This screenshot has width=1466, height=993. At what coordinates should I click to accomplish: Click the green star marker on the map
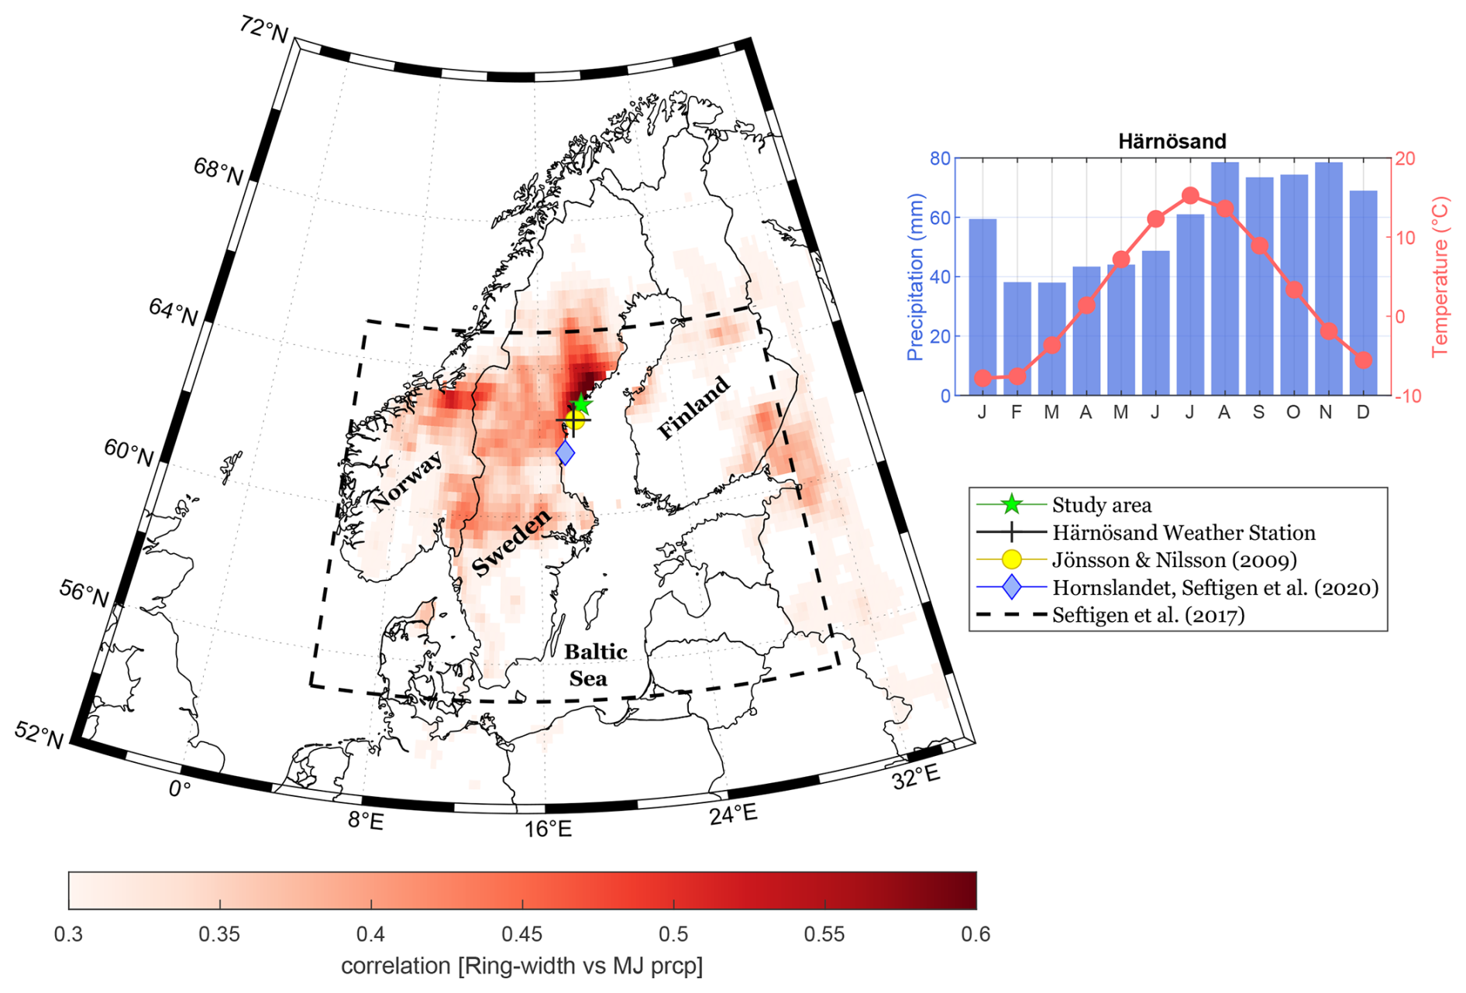[x=581, y=404]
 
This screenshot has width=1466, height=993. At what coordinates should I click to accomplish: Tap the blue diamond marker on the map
[x=566, y=452]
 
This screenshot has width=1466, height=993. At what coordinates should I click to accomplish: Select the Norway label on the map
[x=407, y=481]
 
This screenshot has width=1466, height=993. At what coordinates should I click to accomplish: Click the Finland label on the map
[x=693, y=407]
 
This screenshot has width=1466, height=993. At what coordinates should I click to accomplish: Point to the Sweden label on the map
[x=511, y=542]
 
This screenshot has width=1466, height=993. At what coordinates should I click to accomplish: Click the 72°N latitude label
[x=263, y=29]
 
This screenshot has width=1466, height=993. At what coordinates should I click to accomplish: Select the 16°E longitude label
[x=548, y=830]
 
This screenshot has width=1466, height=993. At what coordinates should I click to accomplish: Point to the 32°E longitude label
[x=916, y=777]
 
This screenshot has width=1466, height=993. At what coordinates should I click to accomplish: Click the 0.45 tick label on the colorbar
[x=521, y=934]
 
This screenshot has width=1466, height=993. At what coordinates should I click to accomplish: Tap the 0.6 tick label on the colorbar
[x=976, y=934]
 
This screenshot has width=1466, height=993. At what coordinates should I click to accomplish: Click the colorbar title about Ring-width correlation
[x=521, y=966]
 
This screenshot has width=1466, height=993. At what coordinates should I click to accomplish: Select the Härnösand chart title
[x=1172, y=141]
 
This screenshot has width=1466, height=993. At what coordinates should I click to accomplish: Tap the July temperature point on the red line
[x=1191, y=195]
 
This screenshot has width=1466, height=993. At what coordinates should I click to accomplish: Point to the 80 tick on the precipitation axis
[x=940, y=159]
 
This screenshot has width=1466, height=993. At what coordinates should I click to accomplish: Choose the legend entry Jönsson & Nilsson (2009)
[x=1174, y=560]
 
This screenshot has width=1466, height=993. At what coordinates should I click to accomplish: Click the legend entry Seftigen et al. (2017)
[x=1148, y=615]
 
